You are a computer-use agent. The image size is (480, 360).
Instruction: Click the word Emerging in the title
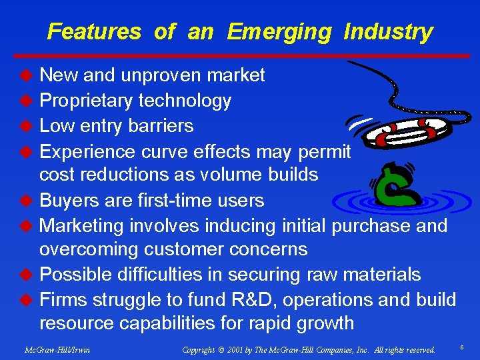click(x=278, y=32)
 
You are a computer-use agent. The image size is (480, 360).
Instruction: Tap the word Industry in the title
click(x=388, y=32)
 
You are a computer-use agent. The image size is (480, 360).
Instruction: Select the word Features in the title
click(x=94, y=32)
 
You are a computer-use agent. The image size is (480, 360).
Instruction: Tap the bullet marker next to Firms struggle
click(x=27, y=299)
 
